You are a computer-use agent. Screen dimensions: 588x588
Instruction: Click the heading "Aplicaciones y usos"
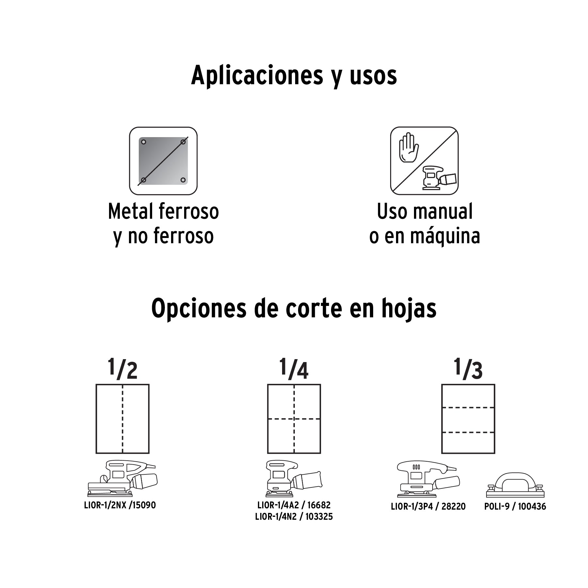click(x=294, y=76)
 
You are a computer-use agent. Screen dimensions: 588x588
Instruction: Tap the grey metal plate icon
click(x=163, y=161)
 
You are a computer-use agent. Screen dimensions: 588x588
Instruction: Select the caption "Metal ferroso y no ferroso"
click(x=163, y=224)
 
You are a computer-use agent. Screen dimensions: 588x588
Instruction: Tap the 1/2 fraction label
click(x=122, y=369)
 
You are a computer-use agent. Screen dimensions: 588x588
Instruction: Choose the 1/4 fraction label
click(x=294, y=369)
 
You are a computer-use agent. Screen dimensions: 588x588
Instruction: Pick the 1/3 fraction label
click(x=468, y=369)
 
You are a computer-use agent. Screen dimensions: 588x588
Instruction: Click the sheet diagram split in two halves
click(x=122, y=419)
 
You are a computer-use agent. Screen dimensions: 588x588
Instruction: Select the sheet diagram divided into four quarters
click(x=294, y=419)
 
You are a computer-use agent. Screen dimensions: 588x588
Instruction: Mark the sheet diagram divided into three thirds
click(x=468, y=419)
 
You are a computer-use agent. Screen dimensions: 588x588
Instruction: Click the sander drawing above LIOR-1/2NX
click(x=122, y=479)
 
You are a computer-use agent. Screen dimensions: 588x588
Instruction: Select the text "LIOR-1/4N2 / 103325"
click(x=294, y=517)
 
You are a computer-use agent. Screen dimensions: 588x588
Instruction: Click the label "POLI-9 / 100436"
click(x=515, y=506)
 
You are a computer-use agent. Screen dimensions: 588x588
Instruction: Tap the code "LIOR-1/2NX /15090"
click(x=120, y=505)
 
